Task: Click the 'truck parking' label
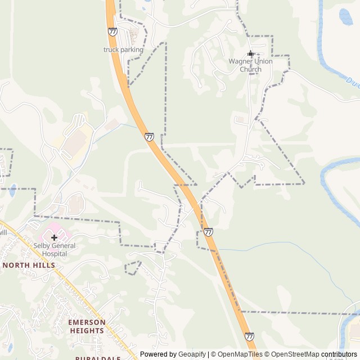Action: tap(123, 49)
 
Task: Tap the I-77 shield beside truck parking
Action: tap(113, 32)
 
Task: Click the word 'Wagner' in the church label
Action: tap(239, 61)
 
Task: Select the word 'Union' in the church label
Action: tap(262, 61)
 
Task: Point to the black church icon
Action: tap(250, 53)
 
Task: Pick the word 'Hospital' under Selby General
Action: tap(54, 254)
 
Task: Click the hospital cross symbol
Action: tap(54, 238)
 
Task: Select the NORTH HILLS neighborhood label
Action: tap(29, 265)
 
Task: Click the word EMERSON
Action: tap(87, 322)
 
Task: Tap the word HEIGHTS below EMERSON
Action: tap(87, 331)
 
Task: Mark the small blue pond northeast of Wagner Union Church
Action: tap(346, 17)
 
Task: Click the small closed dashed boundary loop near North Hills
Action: tap(133, 268)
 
